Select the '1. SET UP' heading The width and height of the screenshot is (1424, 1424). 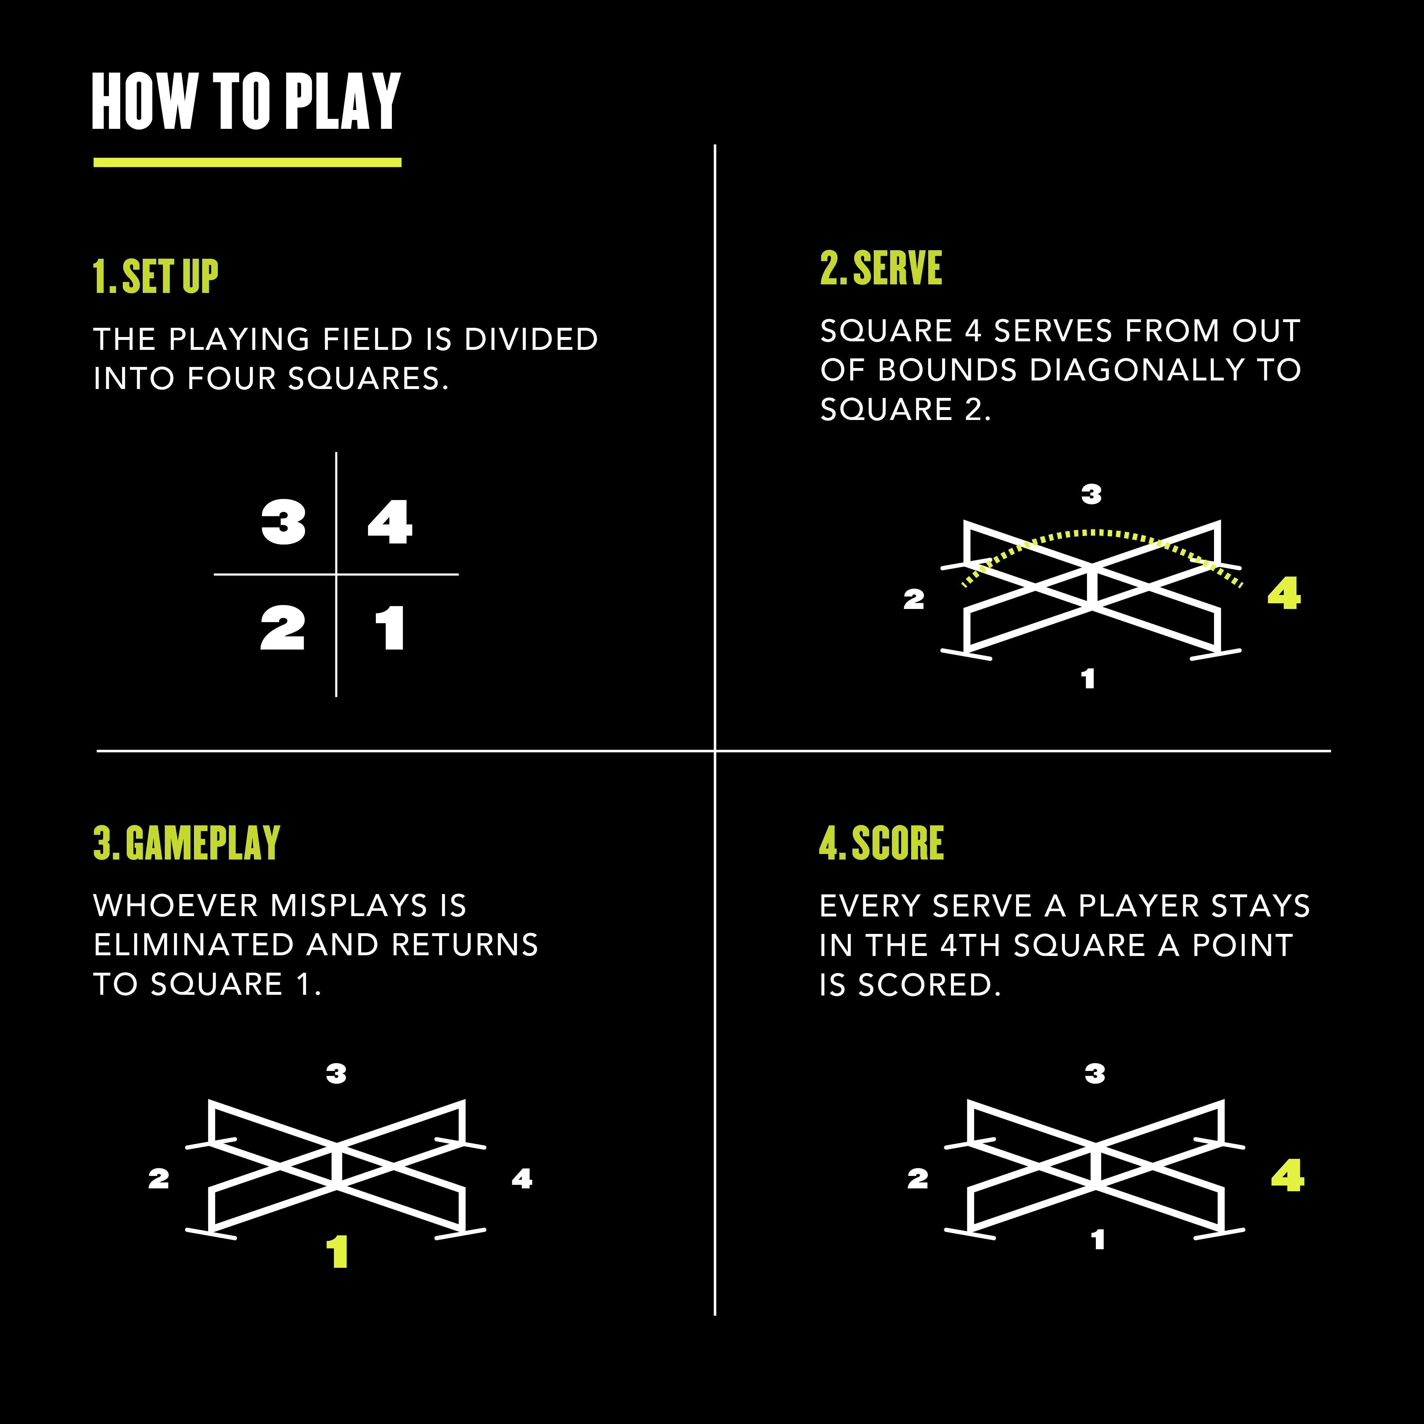click(156, 277)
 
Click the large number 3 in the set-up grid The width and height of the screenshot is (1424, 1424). click(284, 522)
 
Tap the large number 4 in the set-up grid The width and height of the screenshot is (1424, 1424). click(390, 522)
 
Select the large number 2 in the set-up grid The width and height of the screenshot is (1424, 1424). click(282, 628)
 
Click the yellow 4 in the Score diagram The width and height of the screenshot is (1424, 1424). click(1288, 1175)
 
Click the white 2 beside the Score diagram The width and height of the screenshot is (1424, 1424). click(918, 1178)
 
